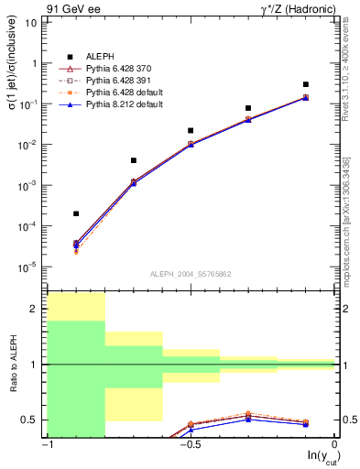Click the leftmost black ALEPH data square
[x=76, y=213]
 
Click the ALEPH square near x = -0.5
[x=191, y=131]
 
